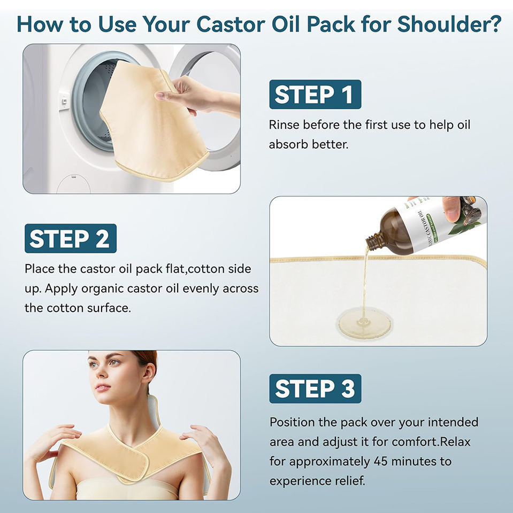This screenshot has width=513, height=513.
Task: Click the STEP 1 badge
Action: (315, 94)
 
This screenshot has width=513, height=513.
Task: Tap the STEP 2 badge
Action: (71, 238)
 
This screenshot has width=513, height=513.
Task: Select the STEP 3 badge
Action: (315, 388)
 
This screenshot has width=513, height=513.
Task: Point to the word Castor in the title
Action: (231, 24)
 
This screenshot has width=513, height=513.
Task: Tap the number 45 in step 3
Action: (380, 461)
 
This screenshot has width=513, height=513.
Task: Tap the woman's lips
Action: (103, 387)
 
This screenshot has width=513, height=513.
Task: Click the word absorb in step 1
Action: (289, 144)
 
